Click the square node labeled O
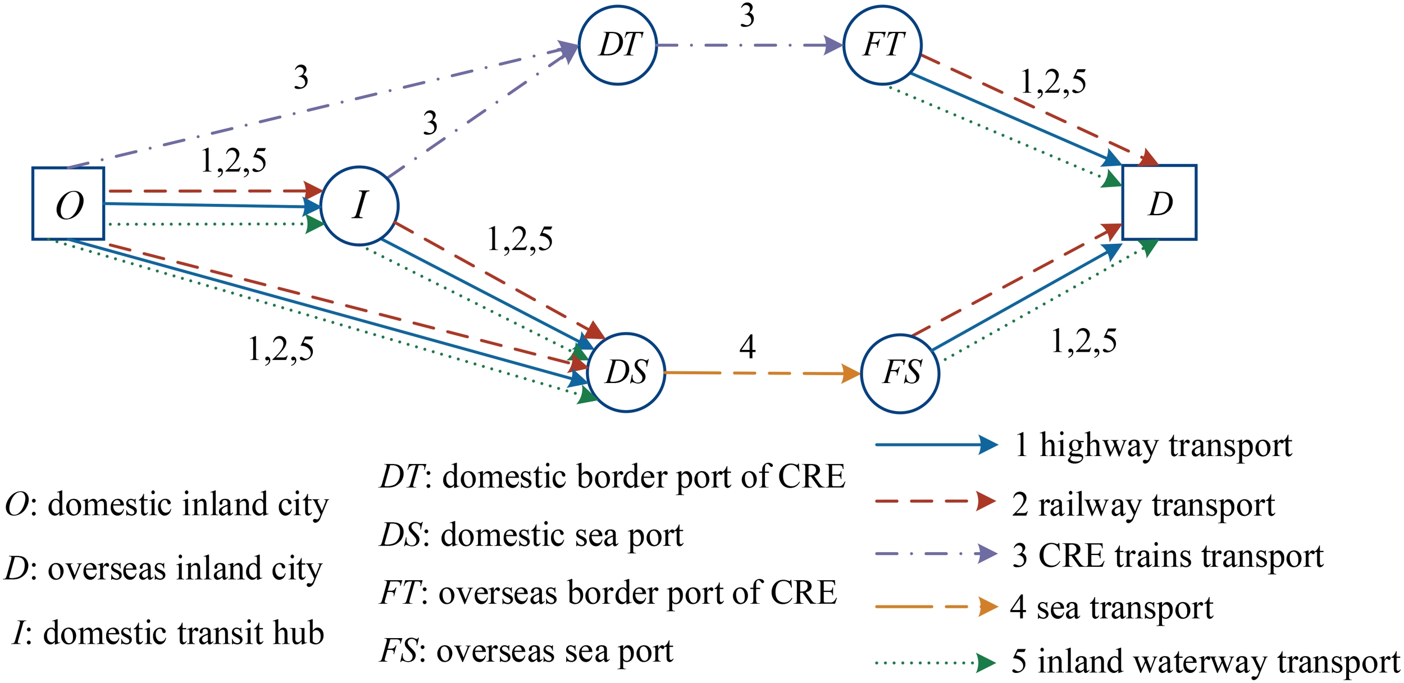68,203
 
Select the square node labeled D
1159,203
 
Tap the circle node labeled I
359,206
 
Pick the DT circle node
618,45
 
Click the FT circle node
882,45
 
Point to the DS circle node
626,372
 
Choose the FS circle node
900,374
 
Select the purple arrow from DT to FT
750,45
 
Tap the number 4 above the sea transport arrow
747,347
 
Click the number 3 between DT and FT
747,16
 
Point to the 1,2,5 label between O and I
234,161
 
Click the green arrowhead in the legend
986,663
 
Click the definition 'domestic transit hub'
183,633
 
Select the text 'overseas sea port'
555,652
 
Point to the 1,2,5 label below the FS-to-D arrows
1083,341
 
